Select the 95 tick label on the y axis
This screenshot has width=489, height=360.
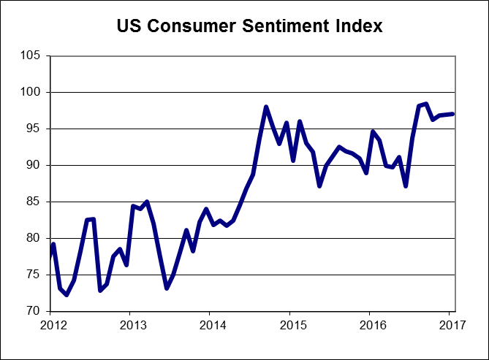[35, 129]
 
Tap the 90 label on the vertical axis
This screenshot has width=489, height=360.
[35, 166]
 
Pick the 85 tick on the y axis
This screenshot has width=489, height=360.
[35, 202]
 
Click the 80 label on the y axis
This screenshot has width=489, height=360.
[35, 239]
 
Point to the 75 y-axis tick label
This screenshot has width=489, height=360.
[35, 275]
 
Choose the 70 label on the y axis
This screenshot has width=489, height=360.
[35, 312]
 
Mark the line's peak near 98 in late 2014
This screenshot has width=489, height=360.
[266, 107]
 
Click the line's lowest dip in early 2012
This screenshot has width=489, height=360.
[67, 295]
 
